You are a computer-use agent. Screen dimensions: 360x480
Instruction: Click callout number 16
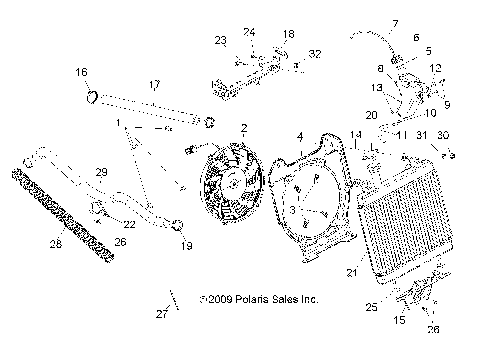[x=81, y=72]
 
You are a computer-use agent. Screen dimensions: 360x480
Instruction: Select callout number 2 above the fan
[x=243, y=129]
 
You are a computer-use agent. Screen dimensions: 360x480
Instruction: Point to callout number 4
[x=299, y=135]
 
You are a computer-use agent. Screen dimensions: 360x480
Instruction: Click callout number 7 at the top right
[x=394, y=22]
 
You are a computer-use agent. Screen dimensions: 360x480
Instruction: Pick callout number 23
[x=221, y=40]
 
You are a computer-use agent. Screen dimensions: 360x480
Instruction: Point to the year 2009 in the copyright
[x=220, y=299]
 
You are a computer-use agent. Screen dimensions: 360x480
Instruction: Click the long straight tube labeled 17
[x=150, y=109]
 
